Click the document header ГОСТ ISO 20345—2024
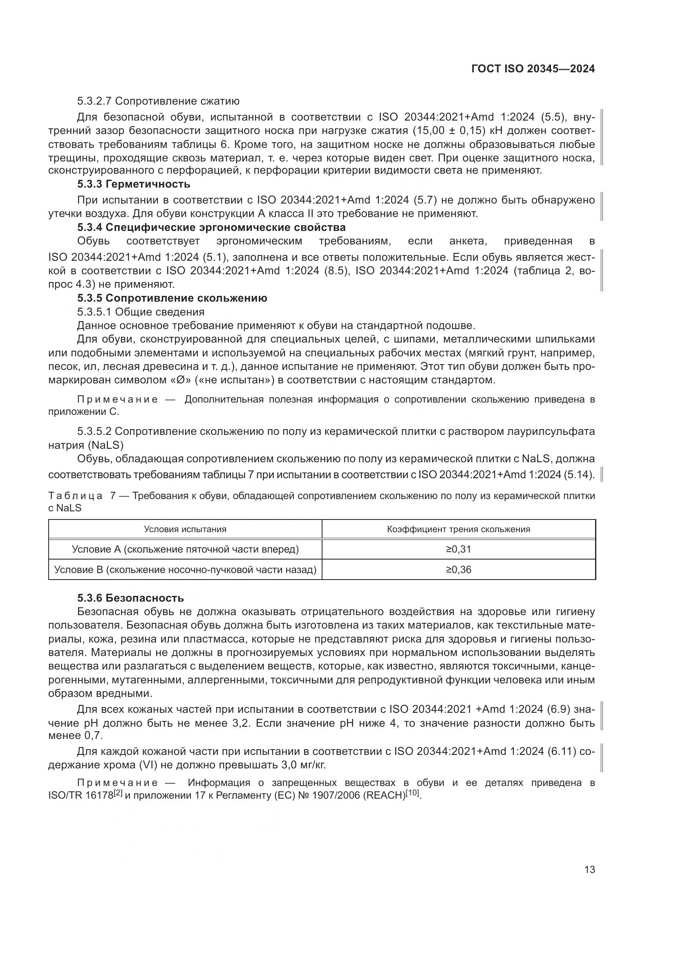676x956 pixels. tap(533, 69)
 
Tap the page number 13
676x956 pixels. tap(589, 869)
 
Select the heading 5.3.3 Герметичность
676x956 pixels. tap(134, 184)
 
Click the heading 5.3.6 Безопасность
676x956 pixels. tap(130, 598)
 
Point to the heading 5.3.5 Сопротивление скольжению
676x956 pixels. tap(172, 298)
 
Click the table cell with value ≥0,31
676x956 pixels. tap(458, 549)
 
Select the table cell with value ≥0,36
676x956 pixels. tap(458, 569)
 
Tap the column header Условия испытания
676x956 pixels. tap(185, 529)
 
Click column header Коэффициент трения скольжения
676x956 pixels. tap(458, 529)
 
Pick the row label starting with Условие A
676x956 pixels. tap(185, 549)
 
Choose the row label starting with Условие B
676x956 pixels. tap(185, 569)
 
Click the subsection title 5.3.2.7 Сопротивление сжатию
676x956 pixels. tap(158, 101)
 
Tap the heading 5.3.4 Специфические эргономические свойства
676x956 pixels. tap(211, 227)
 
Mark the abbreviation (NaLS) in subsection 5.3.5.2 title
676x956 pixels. tap(107, 445)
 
